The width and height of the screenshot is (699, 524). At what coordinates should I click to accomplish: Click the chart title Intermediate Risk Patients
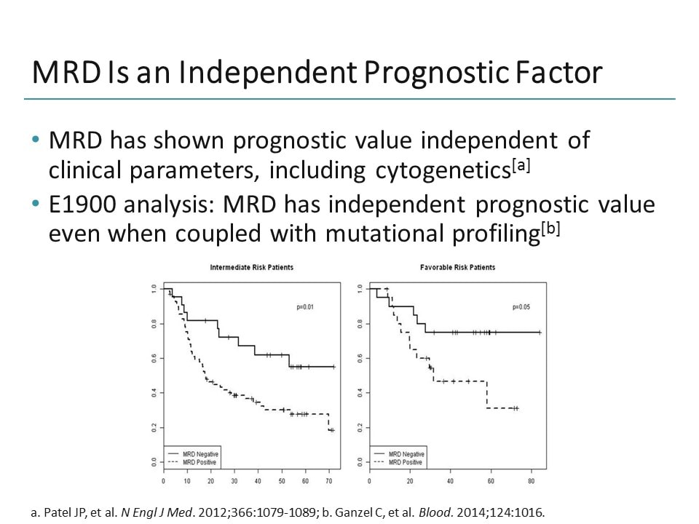[x=251, y=268]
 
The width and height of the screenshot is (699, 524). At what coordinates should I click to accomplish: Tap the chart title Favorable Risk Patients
[x=457, y=268]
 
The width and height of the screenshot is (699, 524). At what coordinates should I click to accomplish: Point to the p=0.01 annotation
[x=304, y=307]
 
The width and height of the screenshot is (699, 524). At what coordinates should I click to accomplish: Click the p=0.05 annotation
[x=520, y=307]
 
